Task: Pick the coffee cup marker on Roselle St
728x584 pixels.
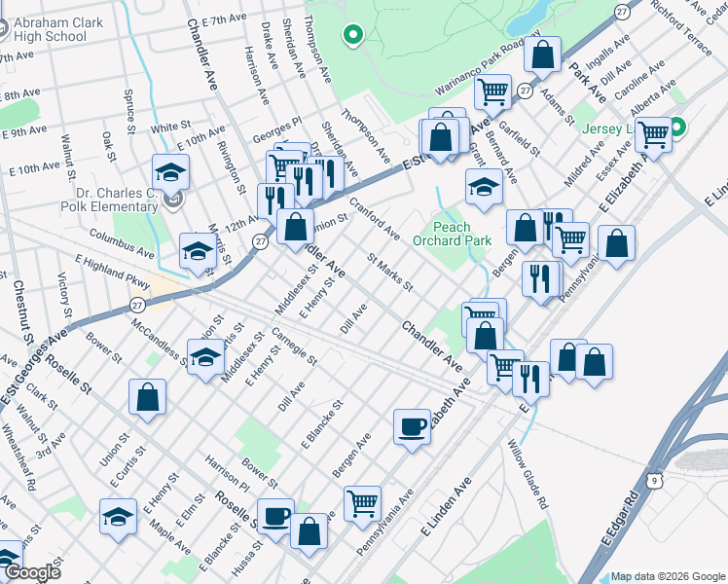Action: tap(275, 515)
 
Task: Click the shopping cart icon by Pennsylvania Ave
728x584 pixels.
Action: tap(362, 502)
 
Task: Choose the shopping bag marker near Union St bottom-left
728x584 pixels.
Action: tap(147, 396)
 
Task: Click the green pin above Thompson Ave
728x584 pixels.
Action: tap(352, 36)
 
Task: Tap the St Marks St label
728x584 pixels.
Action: tap(389, 272)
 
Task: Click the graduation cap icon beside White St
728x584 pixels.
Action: tap(170, 172)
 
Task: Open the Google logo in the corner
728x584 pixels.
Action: tap(31, 572)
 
